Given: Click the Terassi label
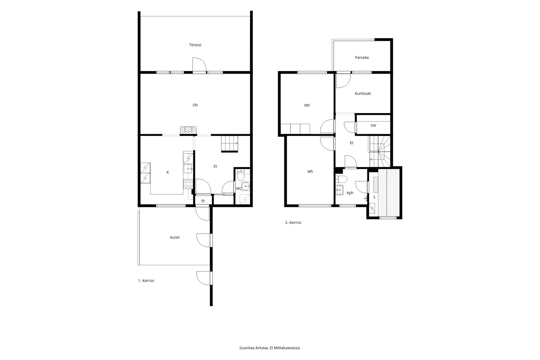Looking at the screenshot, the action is pos(195,45).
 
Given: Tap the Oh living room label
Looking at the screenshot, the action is pos(195,105).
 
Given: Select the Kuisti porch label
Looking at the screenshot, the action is pos(175,237).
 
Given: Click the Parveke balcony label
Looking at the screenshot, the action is pos(362,57).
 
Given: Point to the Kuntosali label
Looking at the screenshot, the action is pos(363,94).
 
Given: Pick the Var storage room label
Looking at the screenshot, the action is pos(373,125).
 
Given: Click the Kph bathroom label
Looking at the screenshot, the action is pos(350,193).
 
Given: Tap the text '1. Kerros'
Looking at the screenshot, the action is pos(146,281).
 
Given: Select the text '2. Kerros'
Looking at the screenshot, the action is pos(293,223).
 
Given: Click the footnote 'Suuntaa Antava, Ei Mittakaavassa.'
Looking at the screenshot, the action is pos(270,348).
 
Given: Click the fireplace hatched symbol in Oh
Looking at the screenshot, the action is pos(188,130).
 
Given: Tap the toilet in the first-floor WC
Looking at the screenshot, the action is pos(241,175).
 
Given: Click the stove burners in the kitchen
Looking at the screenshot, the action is pos(188,184).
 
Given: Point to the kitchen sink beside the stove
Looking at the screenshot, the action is pos(188,169).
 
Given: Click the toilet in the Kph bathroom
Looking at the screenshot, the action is pos(341,179).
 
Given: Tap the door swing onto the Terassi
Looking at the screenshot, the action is pos(199,65).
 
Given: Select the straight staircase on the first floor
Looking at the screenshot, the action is pos(230,144).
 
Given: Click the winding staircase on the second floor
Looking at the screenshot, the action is pos(380,151).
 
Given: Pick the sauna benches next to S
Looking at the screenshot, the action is pos(389,192).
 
